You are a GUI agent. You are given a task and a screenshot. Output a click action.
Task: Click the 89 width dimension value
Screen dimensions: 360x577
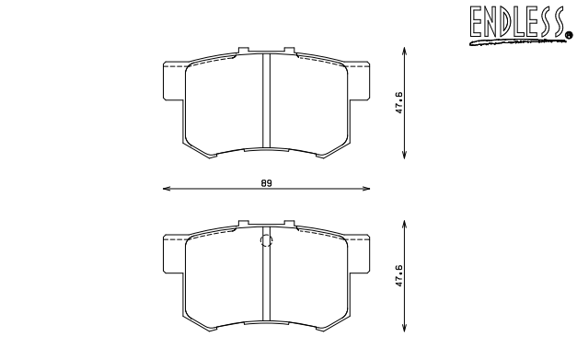click(x=265, y=183)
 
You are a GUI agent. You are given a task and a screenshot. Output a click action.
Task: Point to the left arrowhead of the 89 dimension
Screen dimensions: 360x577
click(x=165, y=190)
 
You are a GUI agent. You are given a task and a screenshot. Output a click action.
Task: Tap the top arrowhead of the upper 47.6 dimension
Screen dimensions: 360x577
click(x=406, y=48)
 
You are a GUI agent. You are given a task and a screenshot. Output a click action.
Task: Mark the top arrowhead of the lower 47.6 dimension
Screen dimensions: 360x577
click(x=406, y=221)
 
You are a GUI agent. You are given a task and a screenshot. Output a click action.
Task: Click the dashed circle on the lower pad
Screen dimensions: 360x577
click(x=267, y=242)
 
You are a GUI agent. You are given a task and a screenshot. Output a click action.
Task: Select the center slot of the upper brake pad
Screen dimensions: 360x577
click(x=265, y=99)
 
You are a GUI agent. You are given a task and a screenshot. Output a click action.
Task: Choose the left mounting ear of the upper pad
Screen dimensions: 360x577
click(x=173, y=81)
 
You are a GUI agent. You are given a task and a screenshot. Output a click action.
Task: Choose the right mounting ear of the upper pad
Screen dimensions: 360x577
click(x=358, y=81)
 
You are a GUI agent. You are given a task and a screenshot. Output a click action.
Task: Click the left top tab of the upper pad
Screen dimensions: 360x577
click(x=243, y=52)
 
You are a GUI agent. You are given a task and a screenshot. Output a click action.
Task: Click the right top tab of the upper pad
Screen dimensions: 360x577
click(x=288, y=52)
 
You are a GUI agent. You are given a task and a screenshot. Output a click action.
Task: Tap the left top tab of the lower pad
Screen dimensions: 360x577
click(x=243, y=224)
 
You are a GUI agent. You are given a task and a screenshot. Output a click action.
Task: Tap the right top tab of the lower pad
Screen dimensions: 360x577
click(x=288, y=224)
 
